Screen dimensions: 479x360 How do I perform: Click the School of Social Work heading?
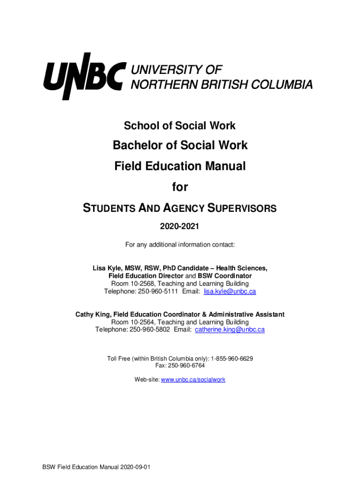180,126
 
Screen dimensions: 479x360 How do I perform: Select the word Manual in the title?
224,166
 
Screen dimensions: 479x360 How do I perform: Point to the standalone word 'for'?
180,187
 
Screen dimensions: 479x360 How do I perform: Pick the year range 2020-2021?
180,227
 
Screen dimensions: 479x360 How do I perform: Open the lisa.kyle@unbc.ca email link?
230,291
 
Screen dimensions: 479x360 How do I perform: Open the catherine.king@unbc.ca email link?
230,329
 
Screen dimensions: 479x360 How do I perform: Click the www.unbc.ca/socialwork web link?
193,379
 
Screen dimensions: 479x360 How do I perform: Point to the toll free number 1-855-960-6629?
232,359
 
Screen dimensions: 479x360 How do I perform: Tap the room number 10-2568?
138,284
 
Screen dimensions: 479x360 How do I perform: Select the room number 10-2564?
138,322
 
